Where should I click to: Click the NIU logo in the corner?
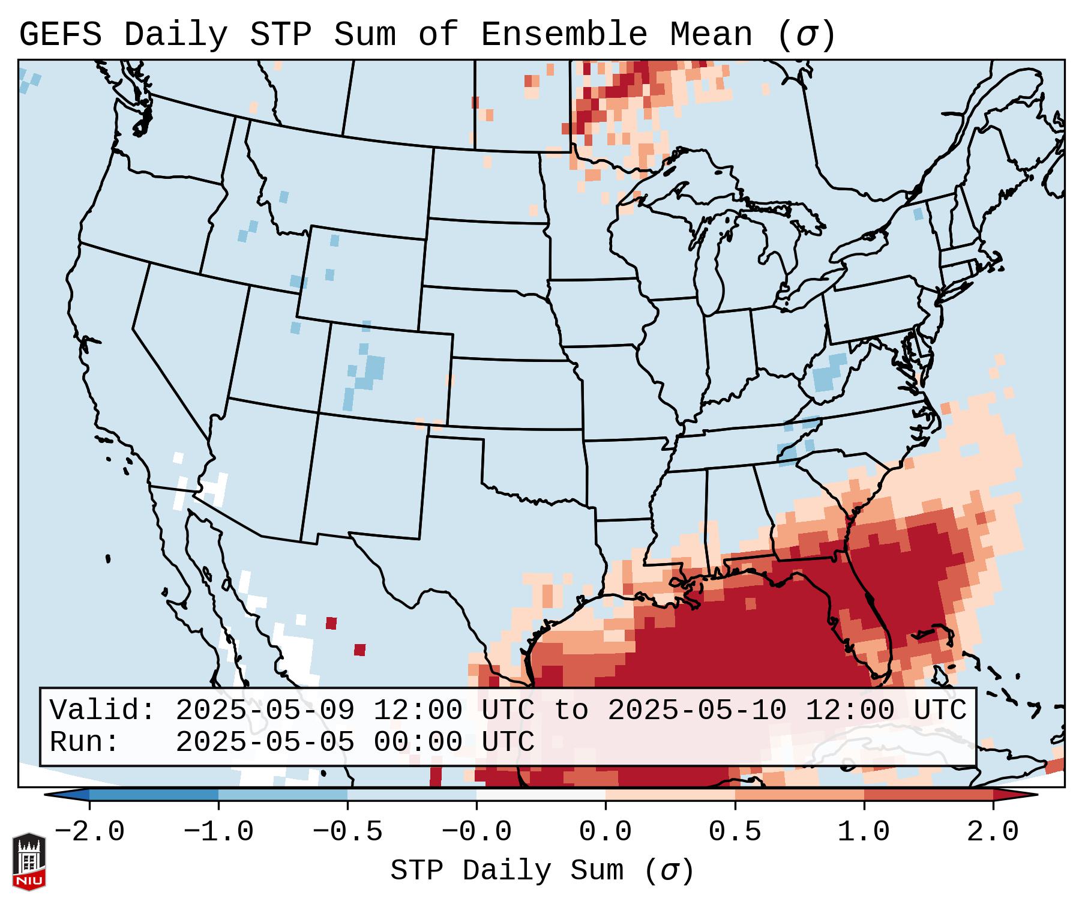29,861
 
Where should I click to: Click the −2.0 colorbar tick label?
89,832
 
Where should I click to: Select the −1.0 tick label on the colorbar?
218,832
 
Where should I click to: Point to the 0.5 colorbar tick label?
735,832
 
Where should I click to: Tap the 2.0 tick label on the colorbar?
993,832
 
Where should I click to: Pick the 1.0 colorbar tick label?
864,832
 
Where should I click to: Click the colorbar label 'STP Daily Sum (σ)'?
542,870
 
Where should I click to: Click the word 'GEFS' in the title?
61,35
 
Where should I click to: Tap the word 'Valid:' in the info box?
103,711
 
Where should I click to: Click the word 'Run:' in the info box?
85,742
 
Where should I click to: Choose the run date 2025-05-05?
265,742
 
